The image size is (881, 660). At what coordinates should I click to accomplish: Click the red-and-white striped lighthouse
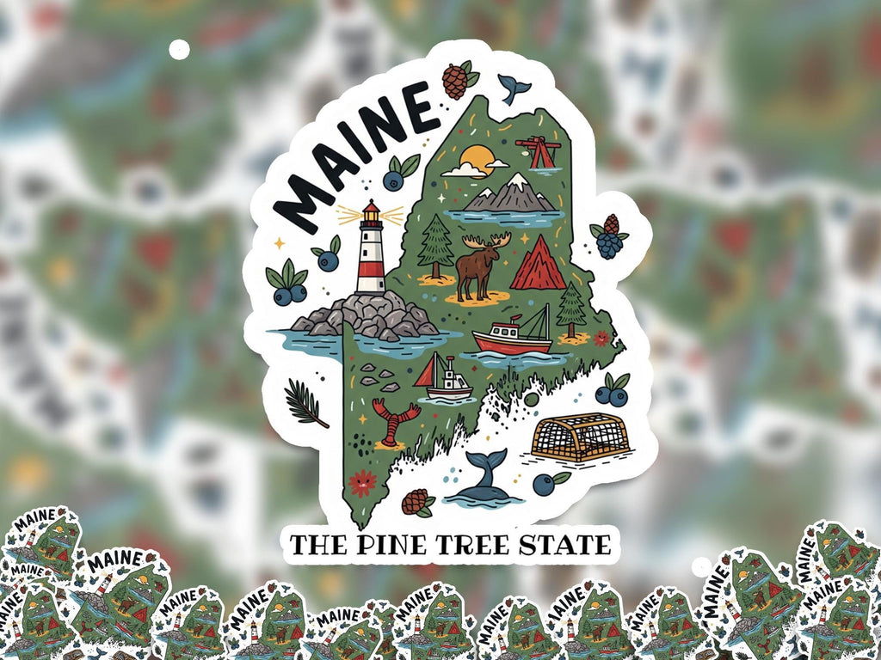click(371, 254)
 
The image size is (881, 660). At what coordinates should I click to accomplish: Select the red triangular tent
click(538, 265)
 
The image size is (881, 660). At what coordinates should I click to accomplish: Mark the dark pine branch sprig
click(305, 403)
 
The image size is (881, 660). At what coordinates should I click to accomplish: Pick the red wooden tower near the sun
click(539, 152)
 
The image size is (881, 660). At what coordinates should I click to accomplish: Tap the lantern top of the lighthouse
click(371, 212)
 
